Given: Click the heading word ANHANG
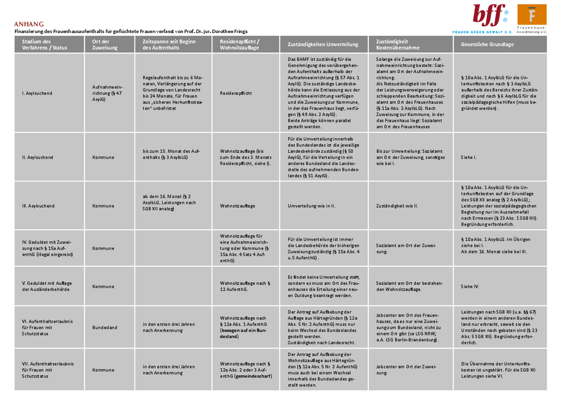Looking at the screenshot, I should [29, 24].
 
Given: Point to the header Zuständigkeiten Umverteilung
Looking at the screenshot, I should [319, 45].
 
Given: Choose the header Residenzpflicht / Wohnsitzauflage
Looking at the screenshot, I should [239, 45].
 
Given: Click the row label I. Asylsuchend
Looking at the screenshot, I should [37, 93].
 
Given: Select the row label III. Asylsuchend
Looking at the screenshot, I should [38, 206].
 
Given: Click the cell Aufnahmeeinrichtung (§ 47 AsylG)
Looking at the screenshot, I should [107, 93].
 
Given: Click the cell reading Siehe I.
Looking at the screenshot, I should [468, 157].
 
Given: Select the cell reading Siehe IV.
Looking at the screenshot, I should [469, 286].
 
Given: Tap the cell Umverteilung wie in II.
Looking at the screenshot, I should [311, 206].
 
